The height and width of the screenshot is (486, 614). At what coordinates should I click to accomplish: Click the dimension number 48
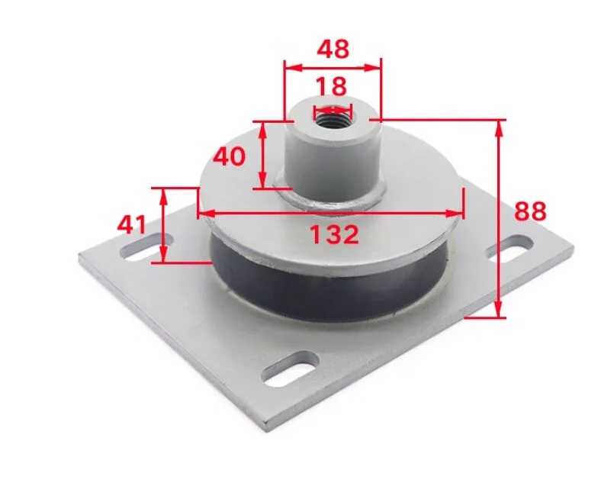pos(333,49)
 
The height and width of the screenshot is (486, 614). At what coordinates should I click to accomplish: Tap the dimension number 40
pos(230,157)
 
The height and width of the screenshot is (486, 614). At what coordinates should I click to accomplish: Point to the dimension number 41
pos(132,224)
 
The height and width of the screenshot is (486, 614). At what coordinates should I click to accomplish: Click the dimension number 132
pos(334,234)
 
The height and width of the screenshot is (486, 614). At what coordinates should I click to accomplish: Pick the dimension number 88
pos(530,211)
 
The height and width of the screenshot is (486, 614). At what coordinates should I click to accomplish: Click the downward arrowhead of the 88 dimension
pos(500,311)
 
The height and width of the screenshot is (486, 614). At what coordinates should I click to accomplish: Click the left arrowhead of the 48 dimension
pos(289,66)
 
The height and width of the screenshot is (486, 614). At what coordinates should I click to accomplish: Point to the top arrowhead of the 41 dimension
pos(163,195)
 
